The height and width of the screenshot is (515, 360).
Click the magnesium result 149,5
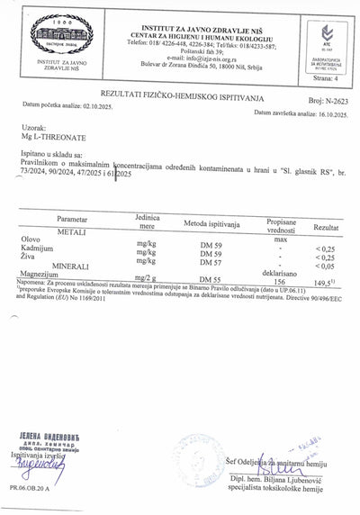324,282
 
